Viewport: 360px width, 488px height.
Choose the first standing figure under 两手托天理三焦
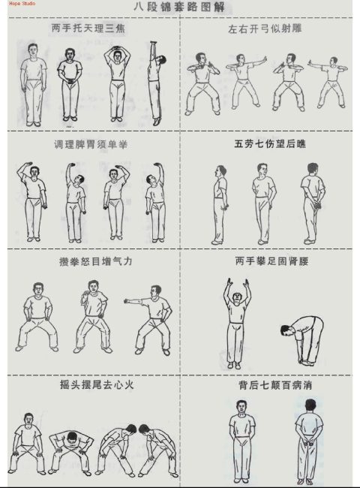coord(31,83)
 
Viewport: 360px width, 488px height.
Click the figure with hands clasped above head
coord(118,83)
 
